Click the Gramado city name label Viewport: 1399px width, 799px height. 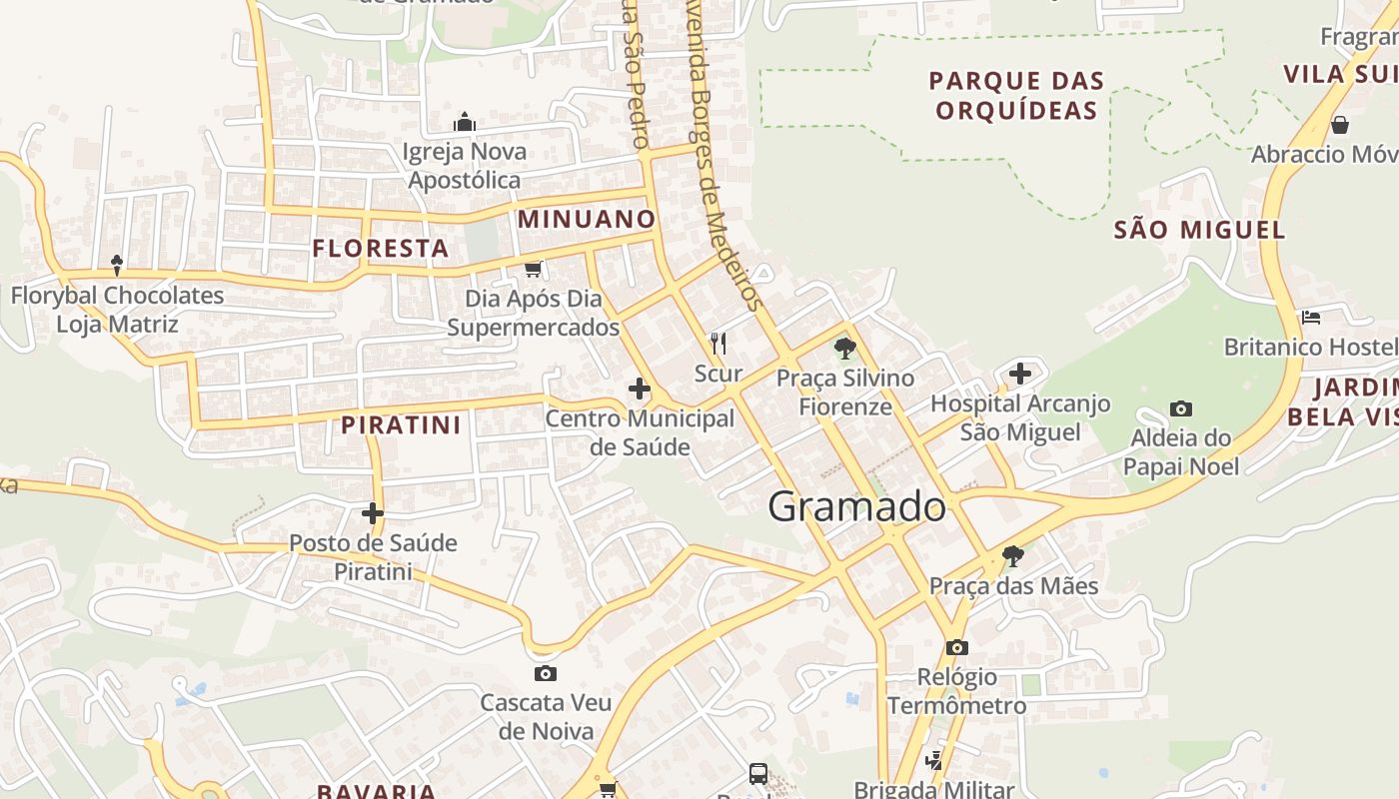pos(856,507)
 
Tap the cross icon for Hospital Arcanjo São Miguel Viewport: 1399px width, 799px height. pos(1019,374)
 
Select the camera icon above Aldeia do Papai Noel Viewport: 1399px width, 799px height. pos(1180,408)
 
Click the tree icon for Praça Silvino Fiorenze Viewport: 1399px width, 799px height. pos(845,349)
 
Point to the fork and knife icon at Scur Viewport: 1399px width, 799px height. pos(717,344)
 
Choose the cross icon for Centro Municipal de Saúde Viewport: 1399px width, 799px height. pos(640,389)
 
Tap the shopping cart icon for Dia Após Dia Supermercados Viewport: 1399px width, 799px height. pos(534,269)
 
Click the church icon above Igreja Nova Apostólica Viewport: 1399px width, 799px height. pos(464,122)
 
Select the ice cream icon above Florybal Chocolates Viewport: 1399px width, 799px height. pos(117,265)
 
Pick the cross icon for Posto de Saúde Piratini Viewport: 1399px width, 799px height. pos(372,513)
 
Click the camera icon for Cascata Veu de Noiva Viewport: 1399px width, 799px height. pos(545,673)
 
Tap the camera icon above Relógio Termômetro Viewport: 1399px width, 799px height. pos(956,647)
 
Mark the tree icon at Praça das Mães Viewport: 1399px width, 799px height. pos(1013,555)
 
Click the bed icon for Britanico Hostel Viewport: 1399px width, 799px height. pos(1311,318)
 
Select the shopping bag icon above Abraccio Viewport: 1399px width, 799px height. pos(1339,125)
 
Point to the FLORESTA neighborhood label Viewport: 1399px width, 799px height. pos(381,249)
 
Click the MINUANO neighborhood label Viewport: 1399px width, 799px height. pos(587,219)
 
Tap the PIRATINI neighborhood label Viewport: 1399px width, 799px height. pos(401,425)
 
